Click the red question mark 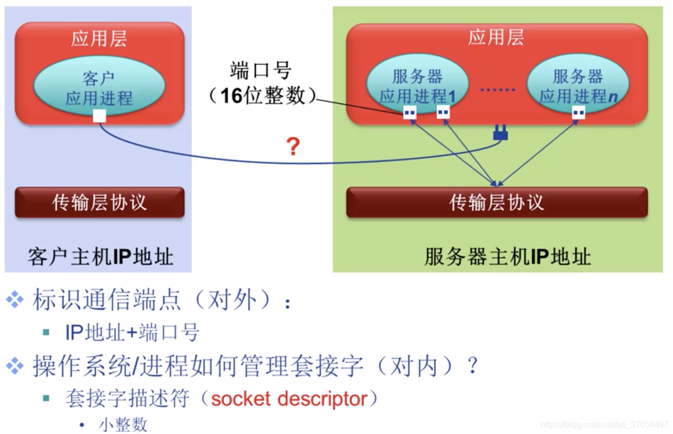(293, 147)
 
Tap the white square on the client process (99, 116)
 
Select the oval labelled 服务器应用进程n (577, 86)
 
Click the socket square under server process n (578, 112)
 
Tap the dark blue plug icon (500, 134)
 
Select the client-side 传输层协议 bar (99, 202)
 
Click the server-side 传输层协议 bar (496, 202)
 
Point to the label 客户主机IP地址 (100, 257)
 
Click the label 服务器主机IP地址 (507, 257)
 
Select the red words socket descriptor (289, 399)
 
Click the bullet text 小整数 (123, 425)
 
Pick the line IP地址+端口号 (132, 333)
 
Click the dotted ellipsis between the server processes (497, 90)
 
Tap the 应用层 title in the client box (99, 39)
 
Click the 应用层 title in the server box (496, 38)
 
